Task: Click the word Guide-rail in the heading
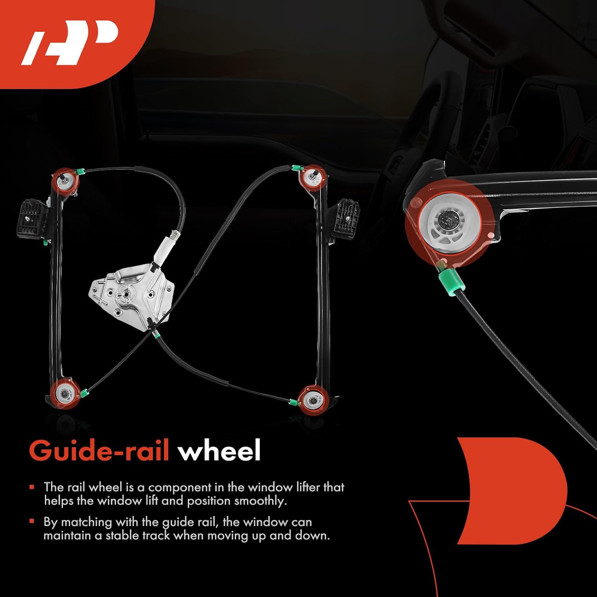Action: click(x=99, y=451)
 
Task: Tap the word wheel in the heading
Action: click(x=219, y=451)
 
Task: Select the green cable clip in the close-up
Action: click(x=449, y=281)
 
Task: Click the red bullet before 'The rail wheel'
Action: click(x=32, y=487)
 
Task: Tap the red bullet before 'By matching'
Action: click(x=32, y=521)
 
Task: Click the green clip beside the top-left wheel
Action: click(x=81, y=172)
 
